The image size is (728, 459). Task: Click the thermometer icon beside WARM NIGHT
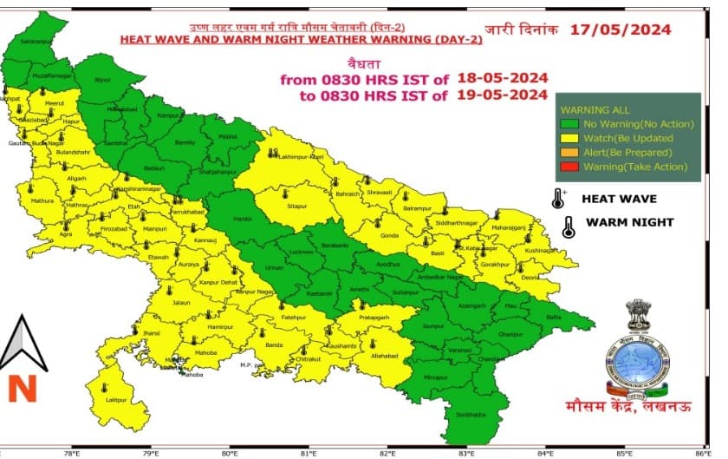[x=569, y=227]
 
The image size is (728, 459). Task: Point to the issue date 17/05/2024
[x=621, y=30]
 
